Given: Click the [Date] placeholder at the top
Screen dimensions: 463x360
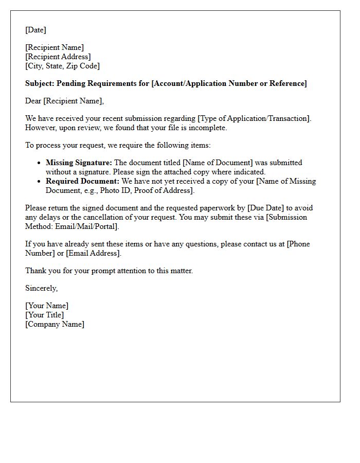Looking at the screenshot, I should [35, 30].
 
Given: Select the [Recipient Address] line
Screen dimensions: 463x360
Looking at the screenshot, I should [58, 57].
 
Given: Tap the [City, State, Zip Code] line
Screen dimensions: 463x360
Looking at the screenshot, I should [62, 66].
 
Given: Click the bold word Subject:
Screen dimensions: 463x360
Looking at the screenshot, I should [40, 83].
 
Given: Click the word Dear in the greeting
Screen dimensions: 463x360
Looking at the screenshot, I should [33, 101].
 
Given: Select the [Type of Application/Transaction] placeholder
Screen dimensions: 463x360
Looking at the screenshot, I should [254, 118].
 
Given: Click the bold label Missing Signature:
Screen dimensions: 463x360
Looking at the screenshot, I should [79, 163].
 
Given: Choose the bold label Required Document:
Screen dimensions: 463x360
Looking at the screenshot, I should [82, 181].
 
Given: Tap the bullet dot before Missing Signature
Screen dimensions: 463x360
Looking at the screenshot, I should [39, 163].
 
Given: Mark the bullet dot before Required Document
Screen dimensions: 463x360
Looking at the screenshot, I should [39, 182].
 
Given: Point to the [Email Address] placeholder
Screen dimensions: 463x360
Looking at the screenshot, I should [94, 253].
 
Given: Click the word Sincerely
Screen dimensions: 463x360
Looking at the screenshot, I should [41, 288].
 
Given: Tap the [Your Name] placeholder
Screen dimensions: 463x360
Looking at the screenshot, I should [47, 306].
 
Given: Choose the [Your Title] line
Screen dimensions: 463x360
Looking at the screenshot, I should [45, 315].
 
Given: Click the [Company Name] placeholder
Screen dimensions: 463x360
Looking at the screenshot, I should [55, 324].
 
